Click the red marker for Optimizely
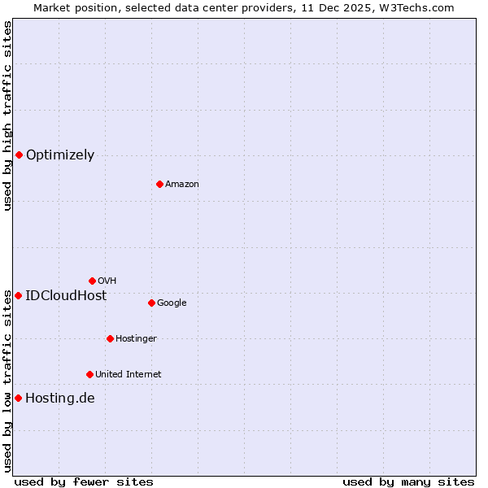(x=19, y=155)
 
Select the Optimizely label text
(x=60, y=155)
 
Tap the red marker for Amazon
(x=159, y=184)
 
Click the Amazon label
(x=182, y=185)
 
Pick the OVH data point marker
(x=92, y=281)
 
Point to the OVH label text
(x=107, y=281)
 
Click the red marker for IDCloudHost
(x=18, y=295)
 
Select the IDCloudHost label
(x=66, y=296)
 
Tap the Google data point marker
(x=151, y=303)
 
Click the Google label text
(x=172, y=303)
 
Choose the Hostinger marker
(x=110, y=338)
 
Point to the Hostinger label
(x=136, y=339)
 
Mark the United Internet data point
(x=89, y=374)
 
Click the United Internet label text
(x=129, y=375)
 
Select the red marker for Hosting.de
(x=18, y=398)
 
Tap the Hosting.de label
(x=60, y=399)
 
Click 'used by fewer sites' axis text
(x=84, y=482)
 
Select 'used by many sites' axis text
(x=408, y=482)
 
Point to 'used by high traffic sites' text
(x=7, y=115)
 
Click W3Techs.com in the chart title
(x=420, y=7)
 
